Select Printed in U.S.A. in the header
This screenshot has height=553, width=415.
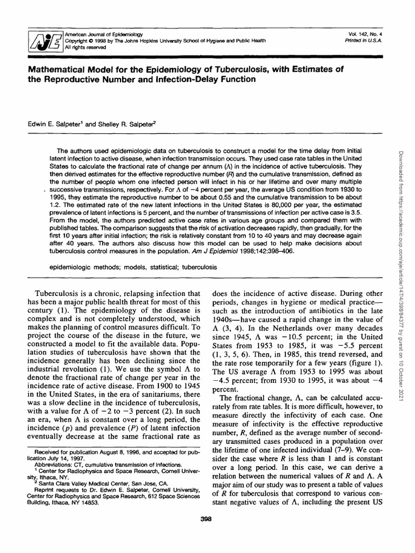coord(367,41)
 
